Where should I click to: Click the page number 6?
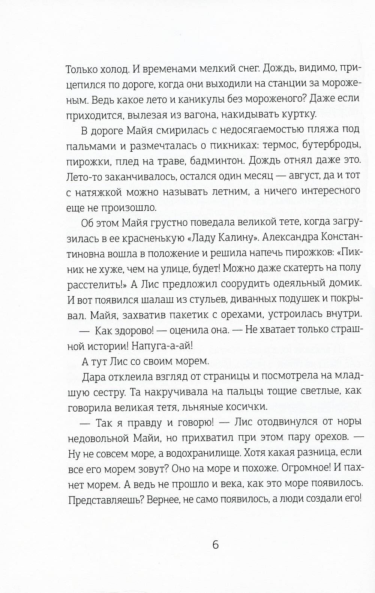(x=215, y=544)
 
